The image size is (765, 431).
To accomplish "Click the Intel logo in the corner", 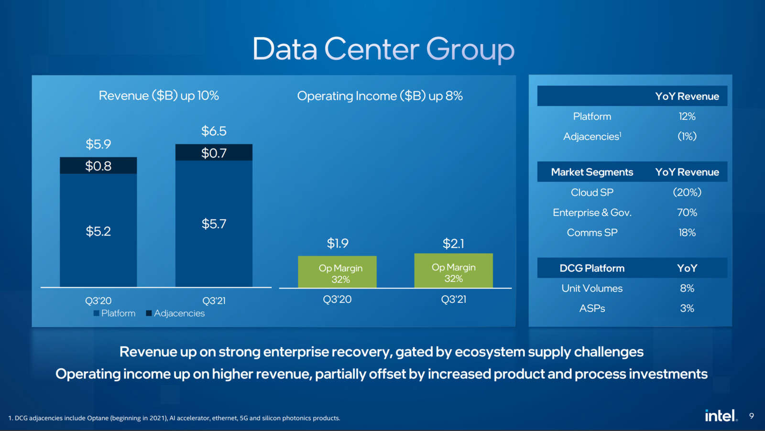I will [x=721, y=416].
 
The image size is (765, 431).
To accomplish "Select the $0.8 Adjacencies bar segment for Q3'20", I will [x=98, y=166].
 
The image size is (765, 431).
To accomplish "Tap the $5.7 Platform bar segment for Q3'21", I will [x=214, y=224].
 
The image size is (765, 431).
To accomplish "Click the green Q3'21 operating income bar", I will [x=453, y=271].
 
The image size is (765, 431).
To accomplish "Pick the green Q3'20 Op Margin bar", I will [x=337, y=272].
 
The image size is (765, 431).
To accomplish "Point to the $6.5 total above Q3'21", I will [x=214, y=131].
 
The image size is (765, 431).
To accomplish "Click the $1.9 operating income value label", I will [x=338, y=243].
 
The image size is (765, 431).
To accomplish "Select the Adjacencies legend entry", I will [x=175, y=313].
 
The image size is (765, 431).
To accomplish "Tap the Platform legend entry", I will [x=114, y=313].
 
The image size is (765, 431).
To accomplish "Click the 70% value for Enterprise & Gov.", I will [x=687, y=213].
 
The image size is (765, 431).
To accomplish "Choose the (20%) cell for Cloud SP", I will [x=687, y=193].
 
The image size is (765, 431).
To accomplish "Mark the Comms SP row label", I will [x=592, y=233].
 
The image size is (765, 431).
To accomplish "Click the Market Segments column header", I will [x=592, y=172].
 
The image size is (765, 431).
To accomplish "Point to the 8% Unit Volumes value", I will [x=687, y=289].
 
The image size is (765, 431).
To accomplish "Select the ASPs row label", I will [x=592, y=309].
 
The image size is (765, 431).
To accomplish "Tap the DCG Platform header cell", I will [x=592, y=269].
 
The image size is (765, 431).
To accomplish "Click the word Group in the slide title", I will [x=470, y=50].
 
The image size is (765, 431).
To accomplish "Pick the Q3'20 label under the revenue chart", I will [x=98, y=301].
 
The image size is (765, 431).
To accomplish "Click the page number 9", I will [x=752, y=416].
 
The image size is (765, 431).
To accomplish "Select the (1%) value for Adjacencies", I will [x=687, y=137].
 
